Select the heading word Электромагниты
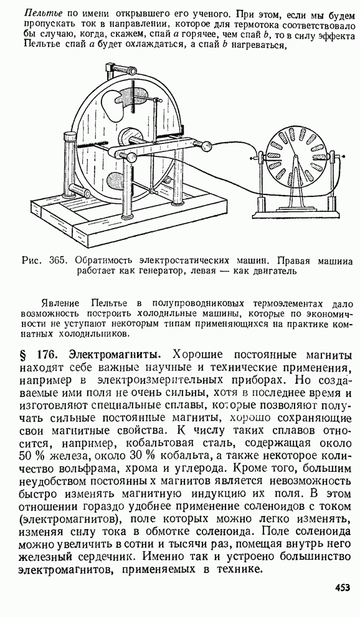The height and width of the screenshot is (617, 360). pos(115,355)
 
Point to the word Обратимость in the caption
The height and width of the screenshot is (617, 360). pos(102,261)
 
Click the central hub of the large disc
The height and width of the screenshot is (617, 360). pos(128,139)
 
